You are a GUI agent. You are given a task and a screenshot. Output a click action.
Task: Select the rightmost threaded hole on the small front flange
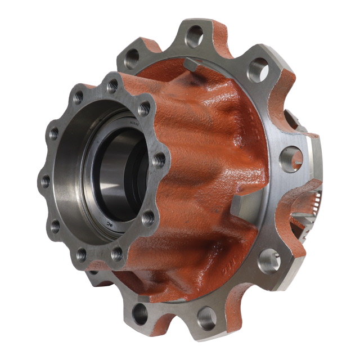[159, 159]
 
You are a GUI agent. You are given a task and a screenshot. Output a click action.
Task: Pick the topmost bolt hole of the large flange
[195, 37]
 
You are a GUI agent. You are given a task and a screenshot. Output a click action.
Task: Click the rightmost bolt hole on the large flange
[291, 159]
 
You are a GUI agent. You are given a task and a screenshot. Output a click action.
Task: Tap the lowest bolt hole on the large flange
[206, 318]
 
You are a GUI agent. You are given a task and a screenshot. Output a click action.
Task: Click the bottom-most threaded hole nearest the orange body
[118, 254]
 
